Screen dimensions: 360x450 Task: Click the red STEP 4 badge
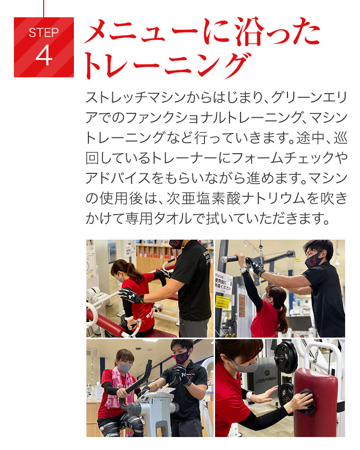tap(44, 47)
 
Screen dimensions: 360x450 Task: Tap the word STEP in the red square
tap(44, 33)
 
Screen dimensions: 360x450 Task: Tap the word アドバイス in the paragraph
tap(118, 179)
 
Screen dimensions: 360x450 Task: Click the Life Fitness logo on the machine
tap(266, 380)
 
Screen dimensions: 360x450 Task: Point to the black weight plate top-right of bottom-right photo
tap(286, 357)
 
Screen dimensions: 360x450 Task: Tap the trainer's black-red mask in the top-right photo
tap(314, 259)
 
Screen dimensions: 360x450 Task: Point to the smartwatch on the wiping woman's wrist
tap(249, 395)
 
